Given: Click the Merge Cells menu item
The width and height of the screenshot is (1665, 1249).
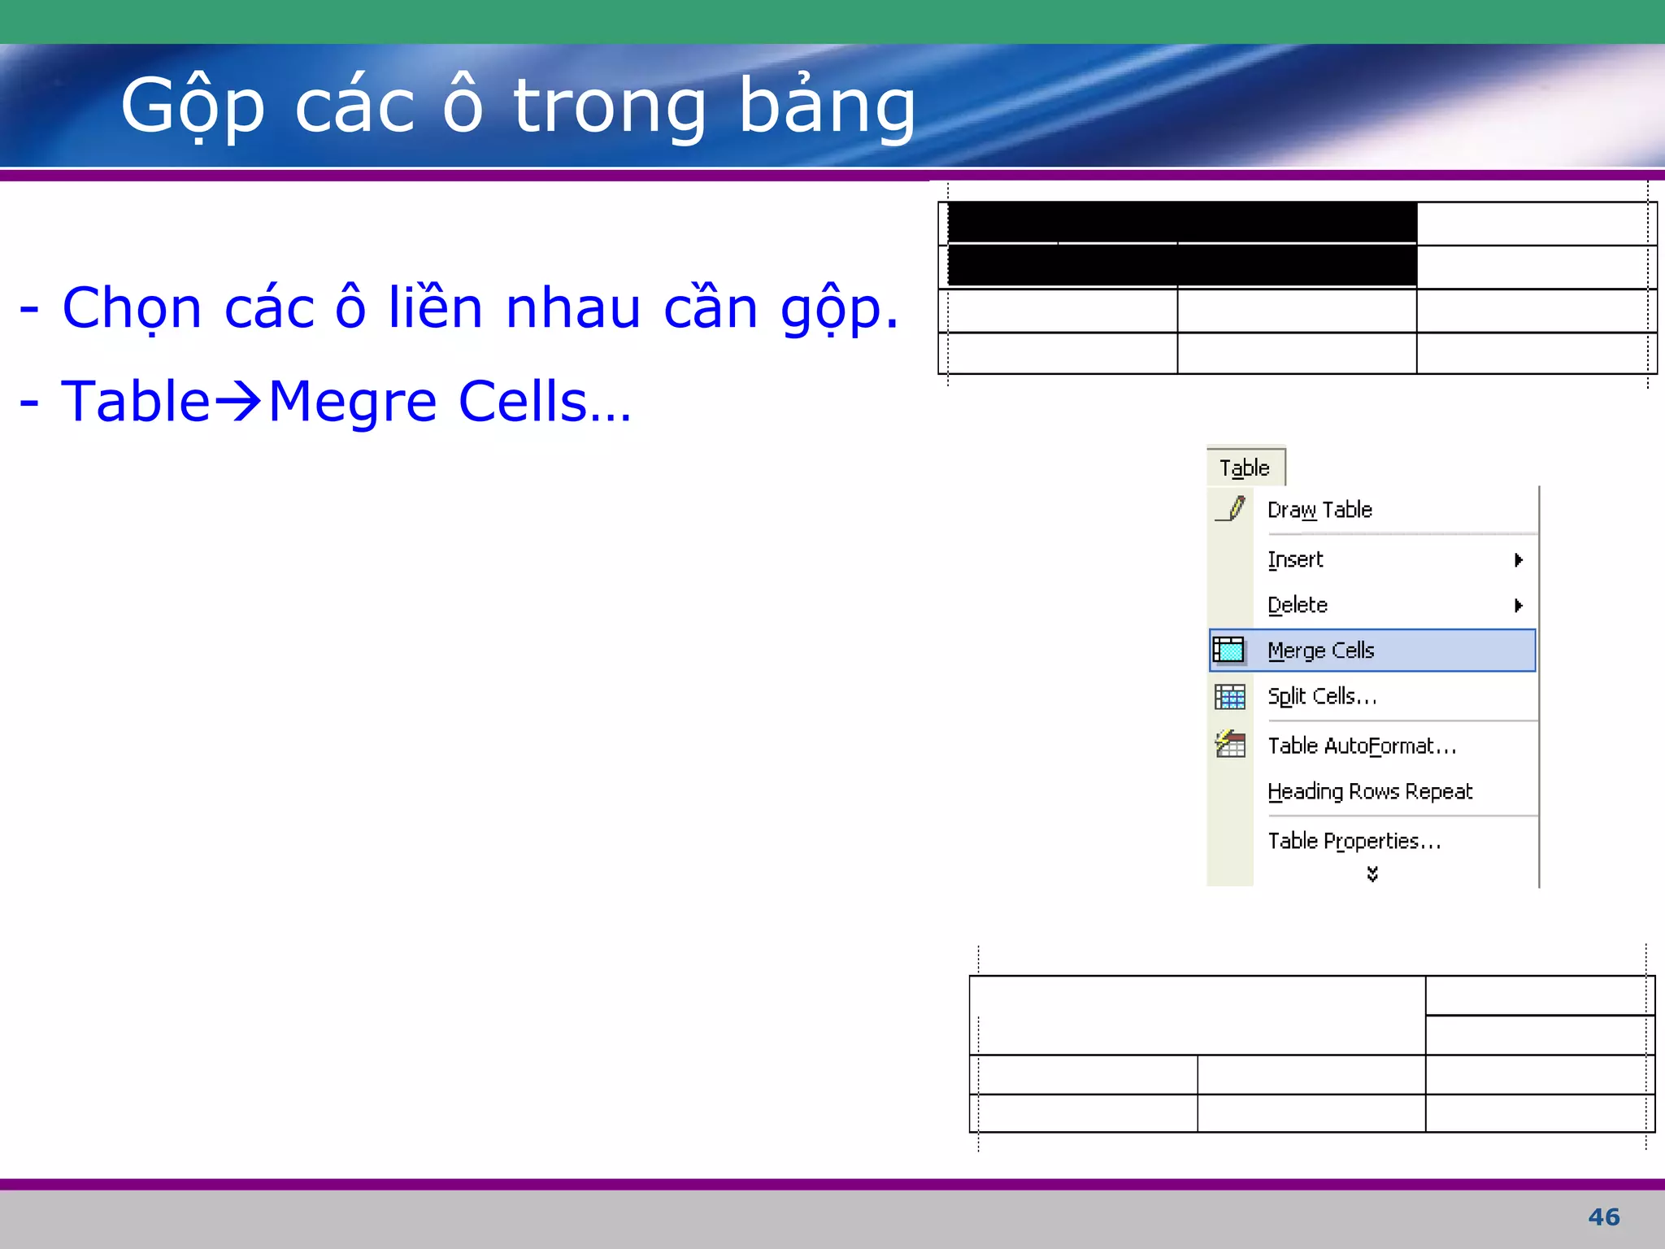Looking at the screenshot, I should point(1321,651).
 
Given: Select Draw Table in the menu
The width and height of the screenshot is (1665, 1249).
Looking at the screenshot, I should point(1319,510).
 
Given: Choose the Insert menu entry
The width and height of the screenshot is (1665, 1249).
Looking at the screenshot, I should point(1295,559).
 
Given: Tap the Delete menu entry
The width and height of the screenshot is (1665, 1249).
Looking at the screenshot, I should point(1298,605).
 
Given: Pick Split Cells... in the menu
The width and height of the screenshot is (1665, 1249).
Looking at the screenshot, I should point(1322,696).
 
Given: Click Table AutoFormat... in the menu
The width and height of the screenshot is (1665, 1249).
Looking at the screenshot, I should point(1362,746).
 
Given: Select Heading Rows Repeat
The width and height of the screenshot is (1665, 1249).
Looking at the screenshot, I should point(1370,791).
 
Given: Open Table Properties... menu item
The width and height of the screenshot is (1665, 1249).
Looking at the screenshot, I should point(1354,841).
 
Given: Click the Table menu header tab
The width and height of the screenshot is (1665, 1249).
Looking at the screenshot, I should point(1245,468).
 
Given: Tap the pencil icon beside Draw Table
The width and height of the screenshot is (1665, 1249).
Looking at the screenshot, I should point(1231,509).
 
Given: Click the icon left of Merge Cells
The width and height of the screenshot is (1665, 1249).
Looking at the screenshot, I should point(1229,651).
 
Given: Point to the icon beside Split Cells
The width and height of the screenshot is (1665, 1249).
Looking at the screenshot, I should point(1230,697).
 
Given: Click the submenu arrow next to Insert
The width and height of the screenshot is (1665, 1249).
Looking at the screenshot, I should point(1518,559).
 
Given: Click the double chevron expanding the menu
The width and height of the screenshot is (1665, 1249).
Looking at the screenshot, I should point(1372,874).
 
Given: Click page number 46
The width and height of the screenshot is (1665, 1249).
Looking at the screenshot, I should point(1603,1217).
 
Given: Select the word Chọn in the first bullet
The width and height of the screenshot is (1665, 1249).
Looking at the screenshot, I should point(132,309).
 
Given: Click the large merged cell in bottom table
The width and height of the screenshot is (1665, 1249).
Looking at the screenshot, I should point(1197,1015).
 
